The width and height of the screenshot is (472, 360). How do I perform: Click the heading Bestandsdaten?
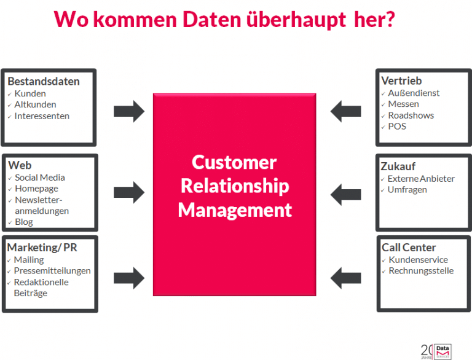43,81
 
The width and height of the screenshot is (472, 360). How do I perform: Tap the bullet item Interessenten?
42,116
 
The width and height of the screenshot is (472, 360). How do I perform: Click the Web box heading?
20,165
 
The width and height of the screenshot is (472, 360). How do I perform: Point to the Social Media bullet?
40,178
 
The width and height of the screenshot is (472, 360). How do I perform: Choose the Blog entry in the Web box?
24,222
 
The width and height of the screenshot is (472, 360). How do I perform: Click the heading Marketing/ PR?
42,247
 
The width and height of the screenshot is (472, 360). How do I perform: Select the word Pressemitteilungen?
52,271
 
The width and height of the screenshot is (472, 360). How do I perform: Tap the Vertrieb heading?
401,81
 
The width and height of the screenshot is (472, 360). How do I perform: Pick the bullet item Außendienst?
414,93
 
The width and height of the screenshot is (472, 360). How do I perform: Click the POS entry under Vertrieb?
397,127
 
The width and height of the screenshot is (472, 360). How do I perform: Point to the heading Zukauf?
398,166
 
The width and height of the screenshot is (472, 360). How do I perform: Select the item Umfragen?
407,190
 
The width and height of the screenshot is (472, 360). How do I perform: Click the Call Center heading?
409,248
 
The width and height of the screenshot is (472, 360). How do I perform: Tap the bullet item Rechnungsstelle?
421,271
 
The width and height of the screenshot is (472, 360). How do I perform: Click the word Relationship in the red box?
235,186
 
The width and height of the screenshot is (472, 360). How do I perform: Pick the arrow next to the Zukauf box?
346,194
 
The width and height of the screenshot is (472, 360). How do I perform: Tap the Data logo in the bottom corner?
442,350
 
